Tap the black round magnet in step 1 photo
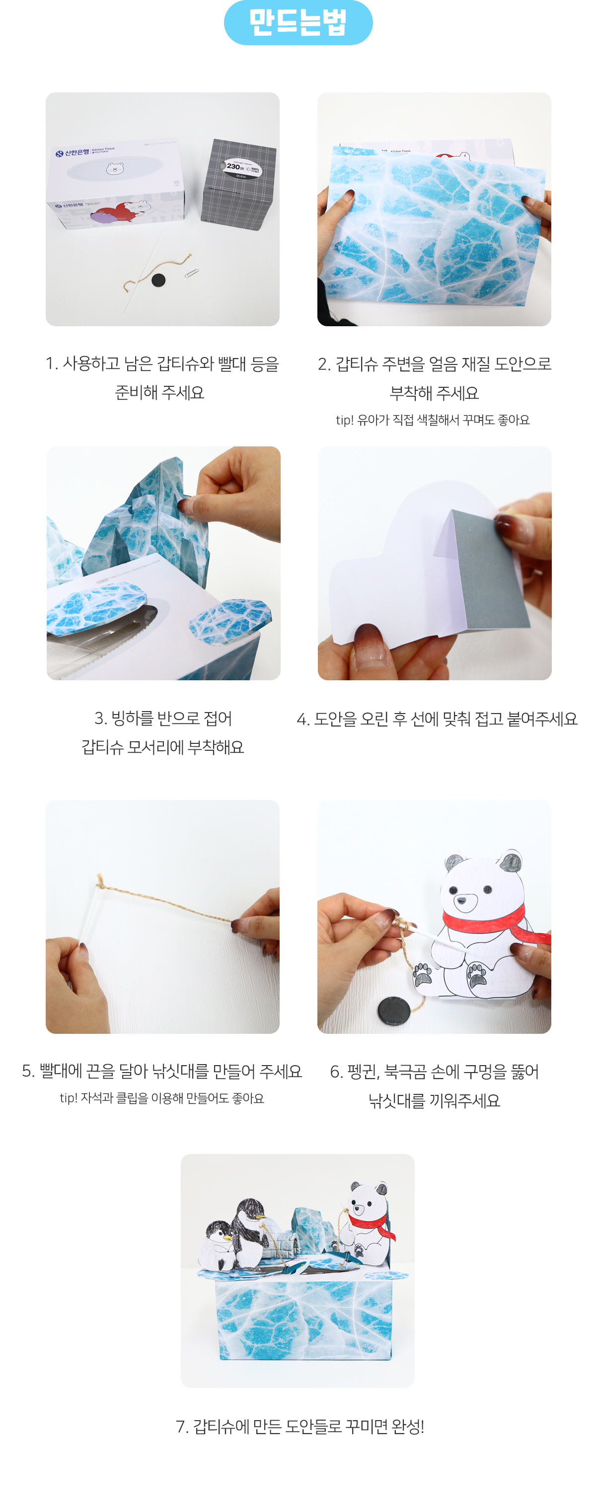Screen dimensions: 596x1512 tap(158, 280)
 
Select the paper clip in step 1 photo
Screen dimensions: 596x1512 tap(191, 273)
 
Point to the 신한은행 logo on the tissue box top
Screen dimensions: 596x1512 tap(73, 153)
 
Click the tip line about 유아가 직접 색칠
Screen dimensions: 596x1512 tap(432, 420)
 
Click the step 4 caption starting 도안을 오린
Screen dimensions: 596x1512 tap(437, 719)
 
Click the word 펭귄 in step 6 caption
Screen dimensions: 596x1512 tap(362, 1072)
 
